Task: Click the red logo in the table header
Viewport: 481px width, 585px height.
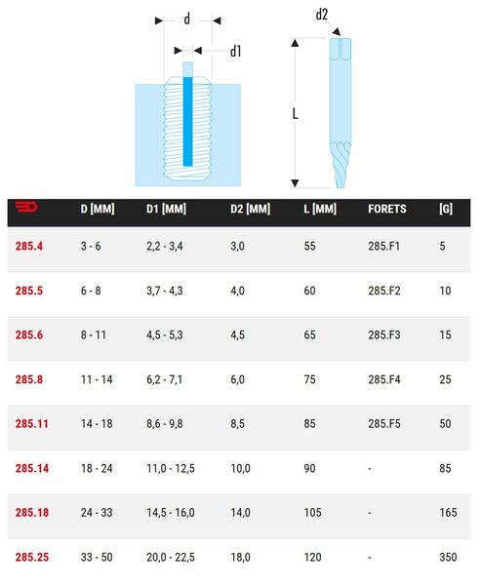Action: tap(26, 207)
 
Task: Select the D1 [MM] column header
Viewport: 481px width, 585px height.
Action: tap(166, 209)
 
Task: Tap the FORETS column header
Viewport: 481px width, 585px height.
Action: tap(387, 209)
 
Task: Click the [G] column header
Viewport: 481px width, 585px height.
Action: tap(446, 209)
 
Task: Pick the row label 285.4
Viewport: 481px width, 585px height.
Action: tap(29, 247)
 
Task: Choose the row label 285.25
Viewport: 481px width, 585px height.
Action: tap(32, 558)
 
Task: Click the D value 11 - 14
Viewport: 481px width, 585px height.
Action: tap(97, 380)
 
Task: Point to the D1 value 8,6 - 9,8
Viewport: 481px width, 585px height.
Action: tap(165, 424)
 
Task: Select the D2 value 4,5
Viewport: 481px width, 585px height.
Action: tap(237, 335)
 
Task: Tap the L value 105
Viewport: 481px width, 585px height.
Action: tap(312, 513)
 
